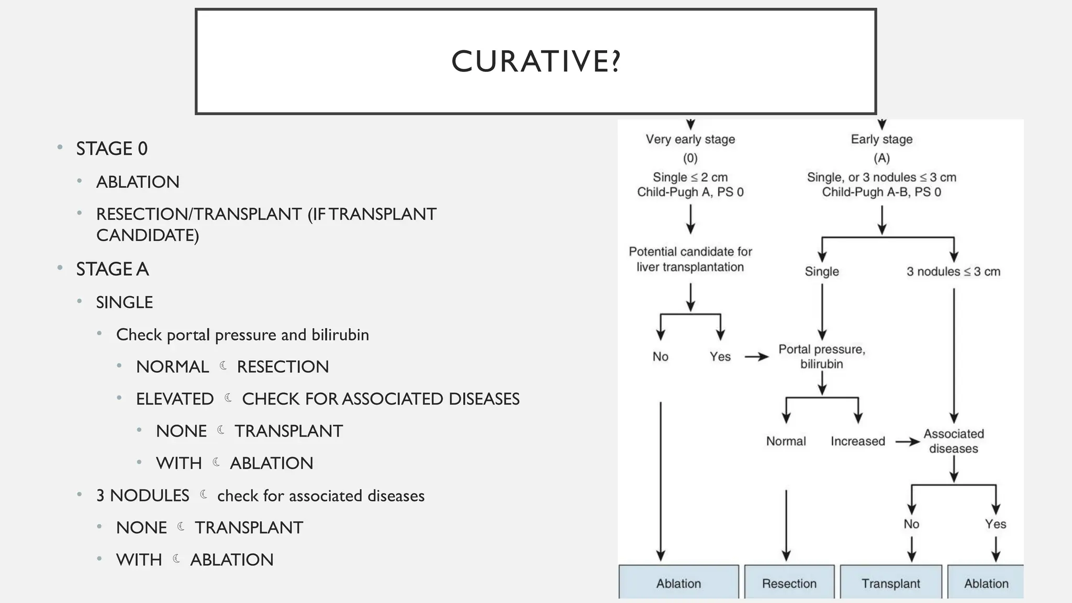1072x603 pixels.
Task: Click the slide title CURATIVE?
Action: pos(535,61)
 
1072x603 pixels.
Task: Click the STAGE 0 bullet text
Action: pos(111,149)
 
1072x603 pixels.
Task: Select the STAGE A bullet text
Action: pos(112,269)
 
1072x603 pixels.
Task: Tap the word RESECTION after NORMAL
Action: pos(283,367)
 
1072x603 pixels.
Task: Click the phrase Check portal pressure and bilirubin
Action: pos(242,335)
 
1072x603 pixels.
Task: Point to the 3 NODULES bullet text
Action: pos(142,496)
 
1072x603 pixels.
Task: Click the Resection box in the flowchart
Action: pos(789,583)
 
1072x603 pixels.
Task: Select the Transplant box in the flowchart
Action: pos(890,583)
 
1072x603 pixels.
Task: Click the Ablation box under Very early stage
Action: pos(678,583)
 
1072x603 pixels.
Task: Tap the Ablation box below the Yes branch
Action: pos(986,583)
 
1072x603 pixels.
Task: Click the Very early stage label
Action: pos(690,139)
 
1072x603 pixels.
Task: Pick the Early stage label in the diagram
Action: pos(881,139)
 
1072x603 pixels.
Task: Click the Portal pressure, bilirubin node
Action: pos(822,356)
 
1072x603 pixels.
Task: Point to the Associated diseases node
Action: pos(953,441)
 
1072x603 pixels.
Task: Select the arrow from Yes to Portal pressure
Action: pos(756,357)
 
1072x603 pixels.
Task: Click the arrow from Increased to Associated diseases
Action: pos(907,442)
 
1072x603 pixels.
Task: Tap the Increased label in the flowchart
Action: pos(857,441)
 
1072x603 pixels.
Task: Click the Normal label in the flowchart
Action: pos(786,441)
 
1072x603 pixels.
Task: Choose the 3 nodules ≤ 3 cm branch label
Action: pos(953,272)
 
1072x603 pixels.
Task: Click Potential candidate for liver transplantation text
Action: pos(690,259)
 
